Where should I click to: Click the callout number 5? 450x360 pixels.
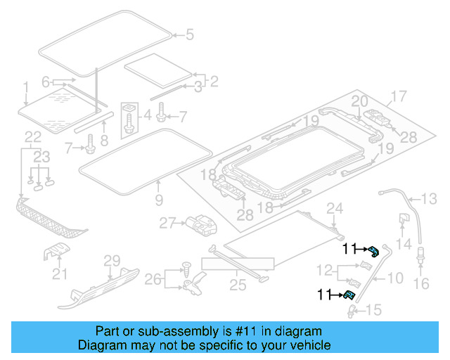point(188,34)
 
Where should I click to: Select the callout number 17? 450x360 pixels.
point(399,96)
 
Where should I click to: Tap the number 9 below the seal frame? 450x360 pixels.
point(159,200)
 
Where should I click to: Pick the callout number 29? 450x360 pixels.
point(112,262)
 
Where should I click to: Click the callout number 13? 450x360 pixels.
point(429,198)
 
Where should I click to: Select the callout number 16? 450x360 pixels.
point(421,283)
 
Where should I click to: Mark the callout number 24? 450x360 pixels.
point(335,207)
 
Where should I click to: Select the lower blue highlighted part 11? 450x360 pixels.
point(348,297)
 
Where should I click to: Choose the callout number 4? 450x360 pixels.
point(147,115)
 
